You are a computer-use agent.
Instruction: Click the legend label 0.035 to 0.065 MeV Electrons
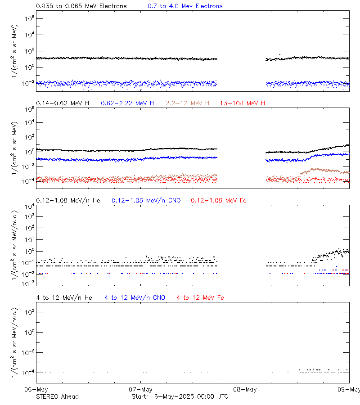81,6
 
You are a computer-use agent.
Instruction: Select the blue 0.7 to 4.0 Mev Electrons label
185,6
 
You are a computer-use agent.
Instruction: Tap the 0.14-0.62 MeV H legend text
63,103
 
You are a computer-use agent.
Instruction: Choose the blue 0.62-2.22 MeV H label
127,103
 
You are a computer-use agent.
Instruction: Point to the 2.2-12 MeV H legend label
188,103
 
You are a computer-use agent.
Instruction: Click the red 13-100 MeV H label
243,103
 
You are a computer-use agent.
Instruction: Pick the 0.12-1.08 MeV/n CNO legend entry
146,200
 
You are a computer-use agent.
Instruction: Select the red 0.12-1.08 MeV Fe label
219,200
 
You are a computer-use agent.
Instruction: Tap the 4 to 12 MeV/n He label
64,298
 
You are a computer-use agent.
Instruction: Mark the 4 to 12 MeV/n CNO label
135,298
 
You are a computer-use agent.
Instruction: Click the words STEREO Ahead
57,396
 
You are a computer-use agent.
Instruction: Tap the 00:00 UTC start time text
211,396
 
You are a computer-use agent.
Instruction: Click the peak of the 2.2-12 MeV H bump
317,169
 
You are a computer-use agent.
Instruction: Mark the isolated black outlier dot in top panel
280,55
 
